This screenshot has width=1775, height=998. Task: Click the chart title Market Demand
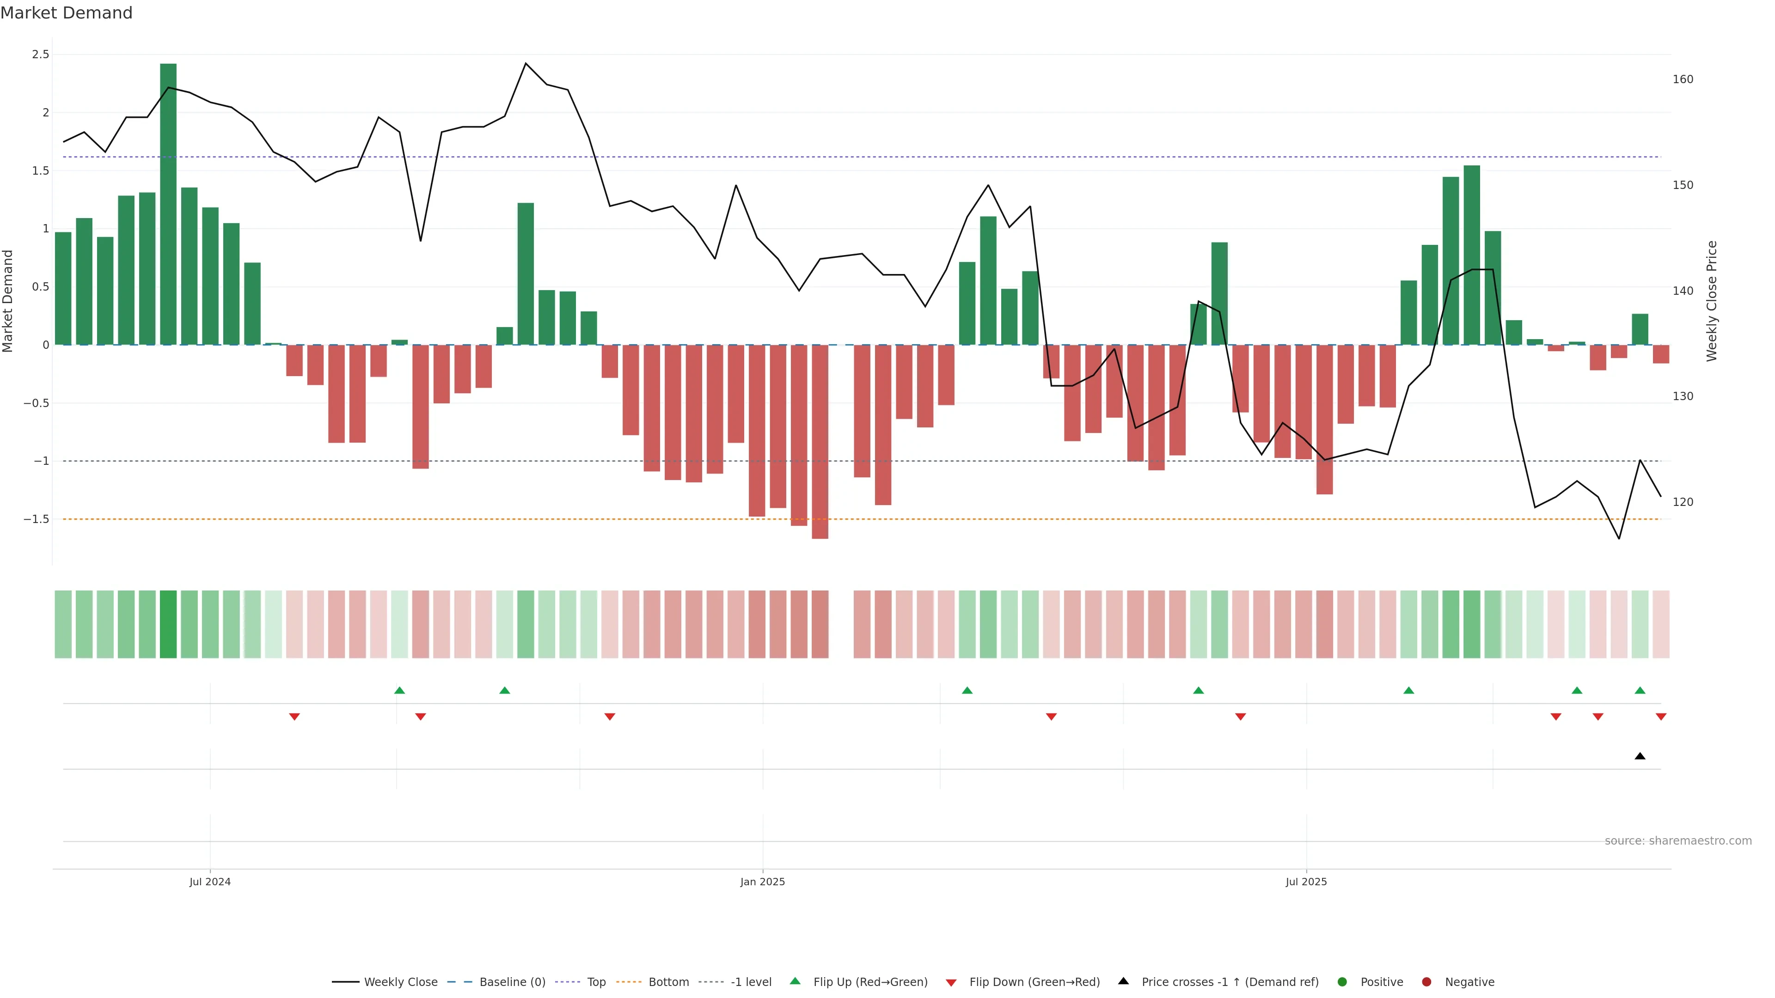coord(66,13)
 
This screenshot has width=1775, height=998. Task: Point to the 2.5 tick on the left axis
coord(41,55)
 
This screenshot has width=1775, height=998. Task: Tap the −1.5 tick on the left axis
coord(37,519)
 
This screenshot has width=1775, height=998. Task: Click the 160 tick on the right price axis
coord(1683,79)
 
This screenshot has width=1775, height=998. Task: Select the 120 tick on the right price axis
coord(1683,502)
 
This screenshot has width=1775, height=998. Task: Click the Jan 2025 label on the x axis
coord(762,882)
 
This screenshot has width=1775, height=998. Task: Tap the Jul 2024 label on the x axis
coord(210,882)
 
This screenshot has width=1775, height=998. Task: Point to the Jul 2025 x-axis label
coord(1306,882)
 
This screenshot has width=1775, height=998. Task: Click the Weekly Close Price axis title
coord(1712,301)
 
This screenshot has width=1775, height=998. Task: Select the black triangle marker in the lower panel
coord(1640,756)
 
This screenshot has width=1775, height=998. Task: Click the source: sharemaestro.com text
coord(1678,841)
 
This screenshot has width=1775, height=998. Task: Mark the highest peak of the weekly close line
coord(526,63)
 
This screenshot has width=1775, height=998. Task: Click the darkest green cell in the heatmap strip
coord(168,624)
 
